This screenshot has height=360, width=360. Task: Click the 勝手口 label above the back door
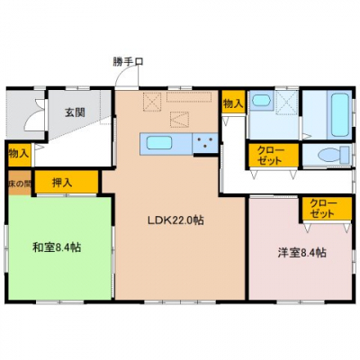128,61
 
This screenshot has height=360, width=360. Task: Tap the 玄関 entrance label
75,112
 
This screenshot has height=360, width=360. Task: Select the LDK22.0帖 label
175,220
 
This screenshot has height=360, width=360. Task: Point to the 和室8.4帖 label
57,247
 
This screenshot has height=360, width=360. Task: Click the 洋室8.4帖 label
301,253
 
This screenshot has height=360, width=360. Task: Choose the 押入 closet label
62,183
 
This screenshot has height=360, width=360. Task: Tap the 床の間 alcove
20,183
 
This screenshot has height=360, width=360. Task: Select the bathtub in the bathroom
340,115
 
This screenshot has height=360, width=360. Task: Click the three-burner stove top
205,143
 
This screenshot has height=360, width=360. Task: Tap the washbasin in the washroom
260,100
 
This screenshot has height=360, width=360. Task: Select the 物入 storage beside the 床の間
19,154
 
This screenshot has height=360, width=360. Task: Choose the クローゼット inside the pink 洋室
327,209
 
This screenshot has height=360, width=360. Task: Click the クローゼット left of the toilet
273,155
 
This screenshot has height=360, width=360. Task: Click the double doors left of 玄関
35,115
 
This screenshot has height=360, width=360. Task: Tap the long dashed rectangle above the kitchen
189,97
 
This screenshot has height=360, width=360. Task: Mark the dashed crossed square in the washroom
287,102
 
